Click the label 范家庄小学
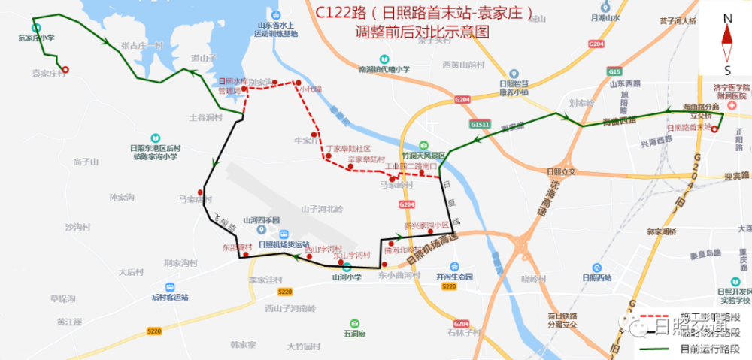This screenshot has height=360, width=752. (36, 37)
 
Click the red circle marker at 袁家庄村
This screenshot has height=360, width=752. (65, 71)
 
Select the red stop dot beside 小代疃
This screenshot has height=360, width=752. (298, 83)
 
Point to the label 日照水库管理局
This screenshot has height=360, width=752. (232, 85)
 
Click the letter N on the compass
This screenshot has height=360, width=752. (727, 18)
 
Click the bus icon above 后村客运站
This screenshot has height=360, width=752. (170, 287)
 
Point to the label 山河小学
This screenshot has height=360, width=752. (347, 277)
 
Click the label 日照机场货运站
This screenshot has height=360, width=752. (283, 244)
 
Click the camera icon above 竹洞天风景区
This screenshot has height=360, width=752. (423, 145)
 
